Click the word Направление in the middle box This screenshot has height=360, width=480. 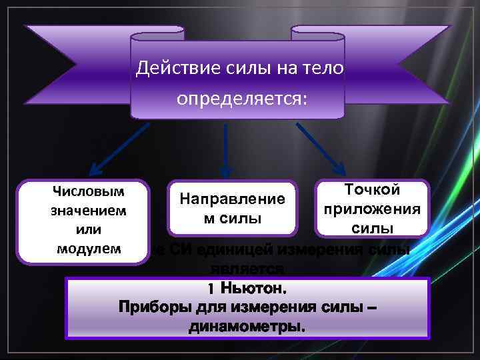click(x=232, y=199)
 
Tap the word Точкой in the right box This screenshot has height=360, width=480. click(x=372, y=190)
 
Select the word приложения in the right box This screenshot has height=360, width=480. click(x=372, y=209)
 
